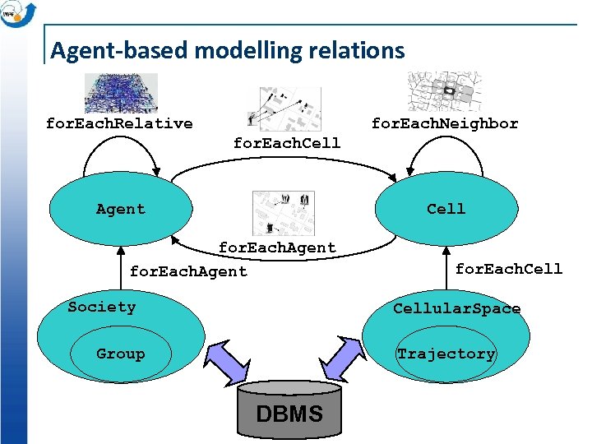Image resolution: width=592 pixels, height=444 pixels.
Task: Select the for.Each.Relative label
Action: pyautogui.click(x=119, y=123)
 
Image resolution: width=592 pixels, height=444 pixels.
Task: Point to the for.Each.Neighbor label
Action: pyautogui.click(x=445, y=123)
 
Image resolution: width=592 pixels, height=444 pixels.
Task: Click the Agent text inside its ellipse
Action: pyautogui.click(x=120, y=209)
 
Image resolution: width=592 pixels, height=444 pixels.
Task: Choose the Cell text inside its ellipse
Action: pyautogui.click(x=446, y=209)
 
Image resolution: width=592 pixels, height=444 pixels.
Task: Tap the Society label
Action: pyautogui.click(x=101, y=307)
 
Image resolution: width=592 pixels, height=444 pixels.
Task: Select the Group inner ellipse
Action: pyautogui.click(x=120, y=354)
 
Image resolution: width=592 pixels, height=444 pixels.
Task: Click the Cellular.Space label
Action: pyautogui.click(x=456, y=308)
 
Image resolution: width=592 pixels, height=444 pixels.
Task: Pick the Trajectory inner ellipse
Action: pyautogui.click(x=446, y=354)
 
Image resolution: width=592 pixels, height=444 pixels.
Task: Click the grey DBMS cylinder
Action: pyautogui.click(x=289, y=408)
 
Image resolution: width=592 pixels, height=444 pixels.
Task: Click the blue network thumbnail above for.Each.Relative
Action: pyautogui.click(x=121, y=93)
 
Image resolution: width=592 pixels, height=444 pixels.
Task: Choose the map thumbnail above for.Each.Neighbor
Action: pyautogui.click(x=444, y=91)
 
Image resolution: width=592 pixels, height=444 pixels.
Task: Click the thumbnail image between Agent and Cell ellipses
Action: pyautogui.click(x=283, y=212)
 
